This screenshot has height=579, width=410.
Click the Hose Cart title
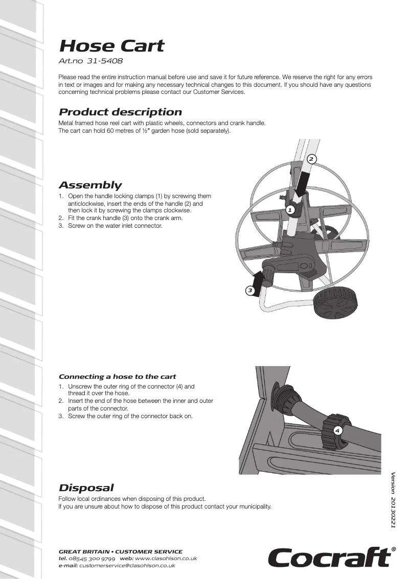pyautogui.click(x=111, y=46)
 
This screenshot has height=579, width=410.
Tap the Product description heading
pyautogui.click(x=120, y=112)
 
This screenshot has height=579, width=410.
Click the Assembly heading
pyautogui.click(x=90, y=185)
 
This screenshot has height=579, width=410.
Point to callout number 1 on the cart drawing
pyautogui.click(x=289, y=210)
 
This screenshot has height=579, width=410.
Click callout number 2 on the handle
pyautogui.click(x=311, y=159)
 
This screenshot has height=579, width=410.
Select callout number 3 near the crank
pyautogui.click(x=250, y=291)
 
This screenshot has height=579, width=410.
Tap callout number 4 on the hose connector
pyautogui.click(x=337, y=430)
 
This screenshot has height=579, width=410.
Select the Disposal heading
pyautogui.click(x=86, y=488)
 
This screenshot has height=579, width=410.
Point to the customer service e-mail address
pyautogui.click(x=127, y=565)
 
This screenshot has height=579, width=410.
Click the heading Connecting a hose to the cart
pyautogui.click(x=118, y=377)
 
